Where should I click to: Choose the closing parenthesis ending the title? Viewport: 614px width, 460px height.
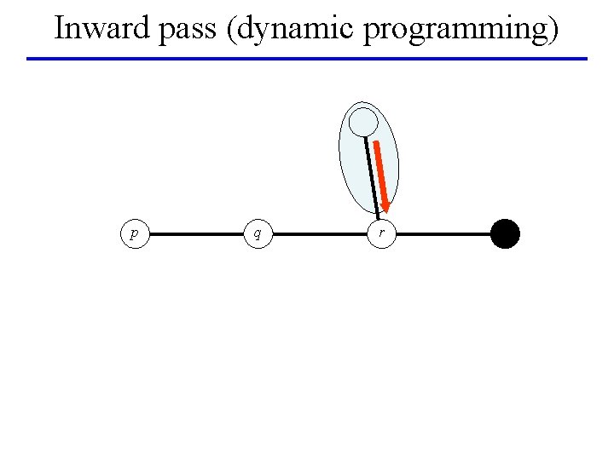point(553,30)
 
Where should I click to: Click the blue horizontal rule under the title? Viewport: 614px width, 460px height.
point(307,59)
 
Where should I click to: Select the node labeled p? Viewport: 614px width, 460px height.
point(134,233)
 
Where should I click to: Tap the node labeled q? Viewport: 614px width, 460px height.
point(258,233)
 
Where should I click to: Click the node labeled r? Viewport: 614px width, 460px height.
point(381,233)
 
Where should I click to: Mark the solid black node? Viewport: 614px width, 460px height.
point(505,233)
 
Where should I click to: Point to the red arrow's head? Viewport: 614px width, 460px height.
point(385,205)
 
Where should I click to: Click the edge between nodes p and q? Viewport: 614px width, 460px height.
point(196,233)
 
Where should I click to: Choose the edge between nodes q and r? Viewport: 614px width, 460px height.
point(320,233)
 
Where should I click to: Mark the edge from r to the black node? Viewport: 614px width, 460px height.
point(443,233)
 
